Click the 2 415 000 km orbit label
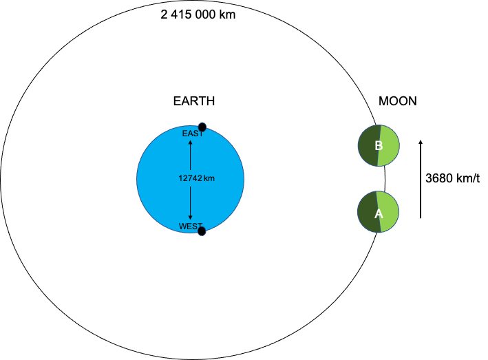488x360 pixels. coord(198,14)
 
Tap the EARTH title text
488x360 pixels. coord(194,101)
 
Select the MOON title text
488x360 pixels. coord(397,101)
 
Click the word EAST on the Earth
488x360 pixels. coord(193,134)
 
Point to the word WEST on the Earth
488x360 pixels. coord(191,226)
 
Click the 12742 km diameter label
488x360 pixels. coord(196,178)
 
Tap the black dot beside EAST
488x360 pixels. coord(202,127)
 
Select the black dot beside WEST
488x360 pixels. coord(202,231)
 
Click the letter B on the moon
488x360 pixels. coord(379,146)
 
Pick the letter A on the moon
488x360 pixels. coord(379,214)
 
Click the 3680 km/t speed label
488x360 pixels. coord(452,178)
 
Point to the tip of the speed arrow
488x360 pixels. coord(421,140)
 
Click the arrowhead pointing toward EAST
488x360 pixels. coord(191,142)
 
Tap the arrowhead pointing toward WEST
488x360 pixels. coord(191,218)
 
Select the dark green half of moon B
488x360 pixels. coord(368,146)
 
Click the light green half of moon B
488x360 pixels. coord(390,146)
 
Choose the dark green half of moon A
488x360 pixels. coord(368,212)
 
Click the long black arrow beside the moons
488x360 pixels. coord(421,179)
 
